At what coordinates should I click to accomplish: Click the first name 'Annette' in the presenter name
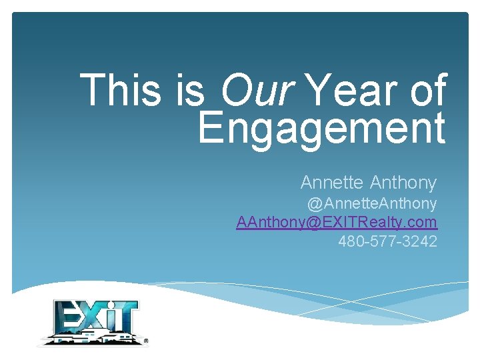pos(332,182)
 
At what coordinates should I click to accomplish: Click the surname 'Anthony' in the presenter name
pos(403,182)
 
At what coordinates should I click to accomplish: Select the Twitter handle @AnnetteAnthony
pos(371,203)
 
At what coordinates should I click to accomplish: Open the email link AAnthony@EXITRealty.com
pos(337,222)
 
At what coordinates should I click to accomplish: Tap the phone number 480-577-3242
pos(387,241)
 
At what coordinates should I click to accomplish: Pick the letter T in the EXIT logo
pos(127,317)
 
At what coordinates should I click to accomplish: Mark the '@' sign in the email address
pos(312,222)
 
